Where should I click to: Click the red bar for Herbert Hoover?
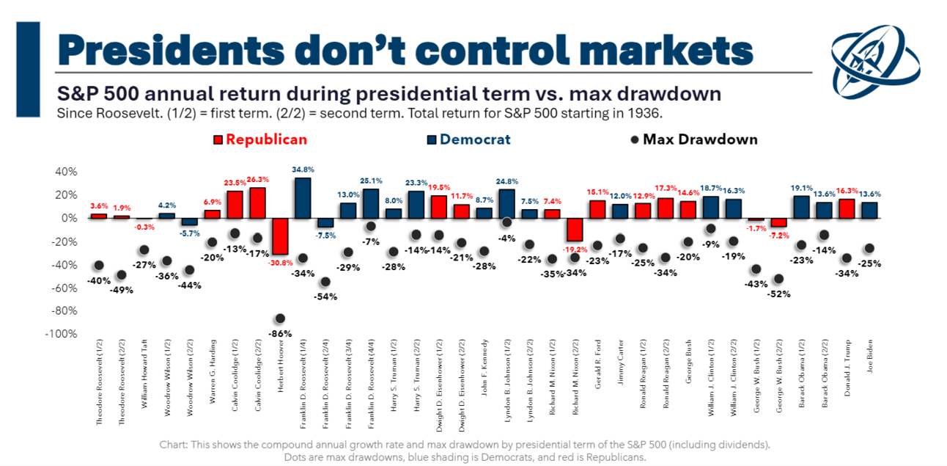(279, 236)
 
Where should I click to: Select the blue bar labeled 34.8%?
(302, 197)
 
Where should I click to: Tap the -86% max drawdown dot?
(279, 318)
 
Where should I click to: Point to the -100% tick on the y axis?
(62, 334)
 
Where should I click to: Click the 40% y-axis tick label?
(64, 172)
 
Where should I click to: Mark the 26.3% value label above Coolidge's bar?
(257, 179)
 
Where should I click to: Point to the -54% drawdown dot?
(325, 282)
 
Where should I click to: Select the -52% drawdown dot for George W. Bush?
(778, 279)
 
